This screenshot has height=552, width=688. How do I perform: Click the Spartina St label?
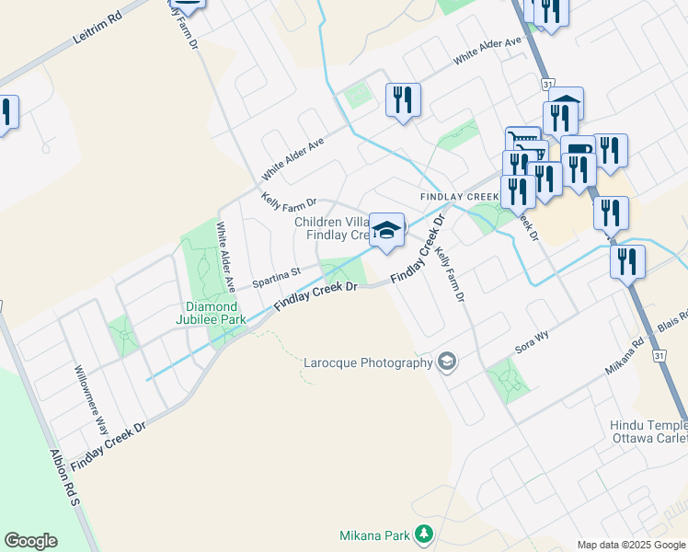[x=277, y=274]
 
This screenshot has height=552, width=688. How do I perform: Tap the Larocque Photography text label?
[x=368, y=362]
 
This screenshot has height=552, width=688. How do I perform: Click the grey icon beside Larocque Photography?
[x=447, y=361]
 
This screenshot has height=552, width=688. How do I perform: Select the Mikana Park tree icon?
[x=423, y=533]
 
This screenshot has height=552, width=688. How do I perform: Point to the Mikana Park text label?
[x=373, y=534]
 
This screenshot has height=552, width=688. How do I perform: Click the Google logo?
[x=30, y=541]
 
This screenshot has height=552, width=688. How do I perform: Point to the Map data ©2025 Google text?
[x=631, y=545]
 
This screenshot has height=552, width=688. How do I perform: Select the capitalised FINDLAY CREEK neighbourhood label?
[x=459, y=197]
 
